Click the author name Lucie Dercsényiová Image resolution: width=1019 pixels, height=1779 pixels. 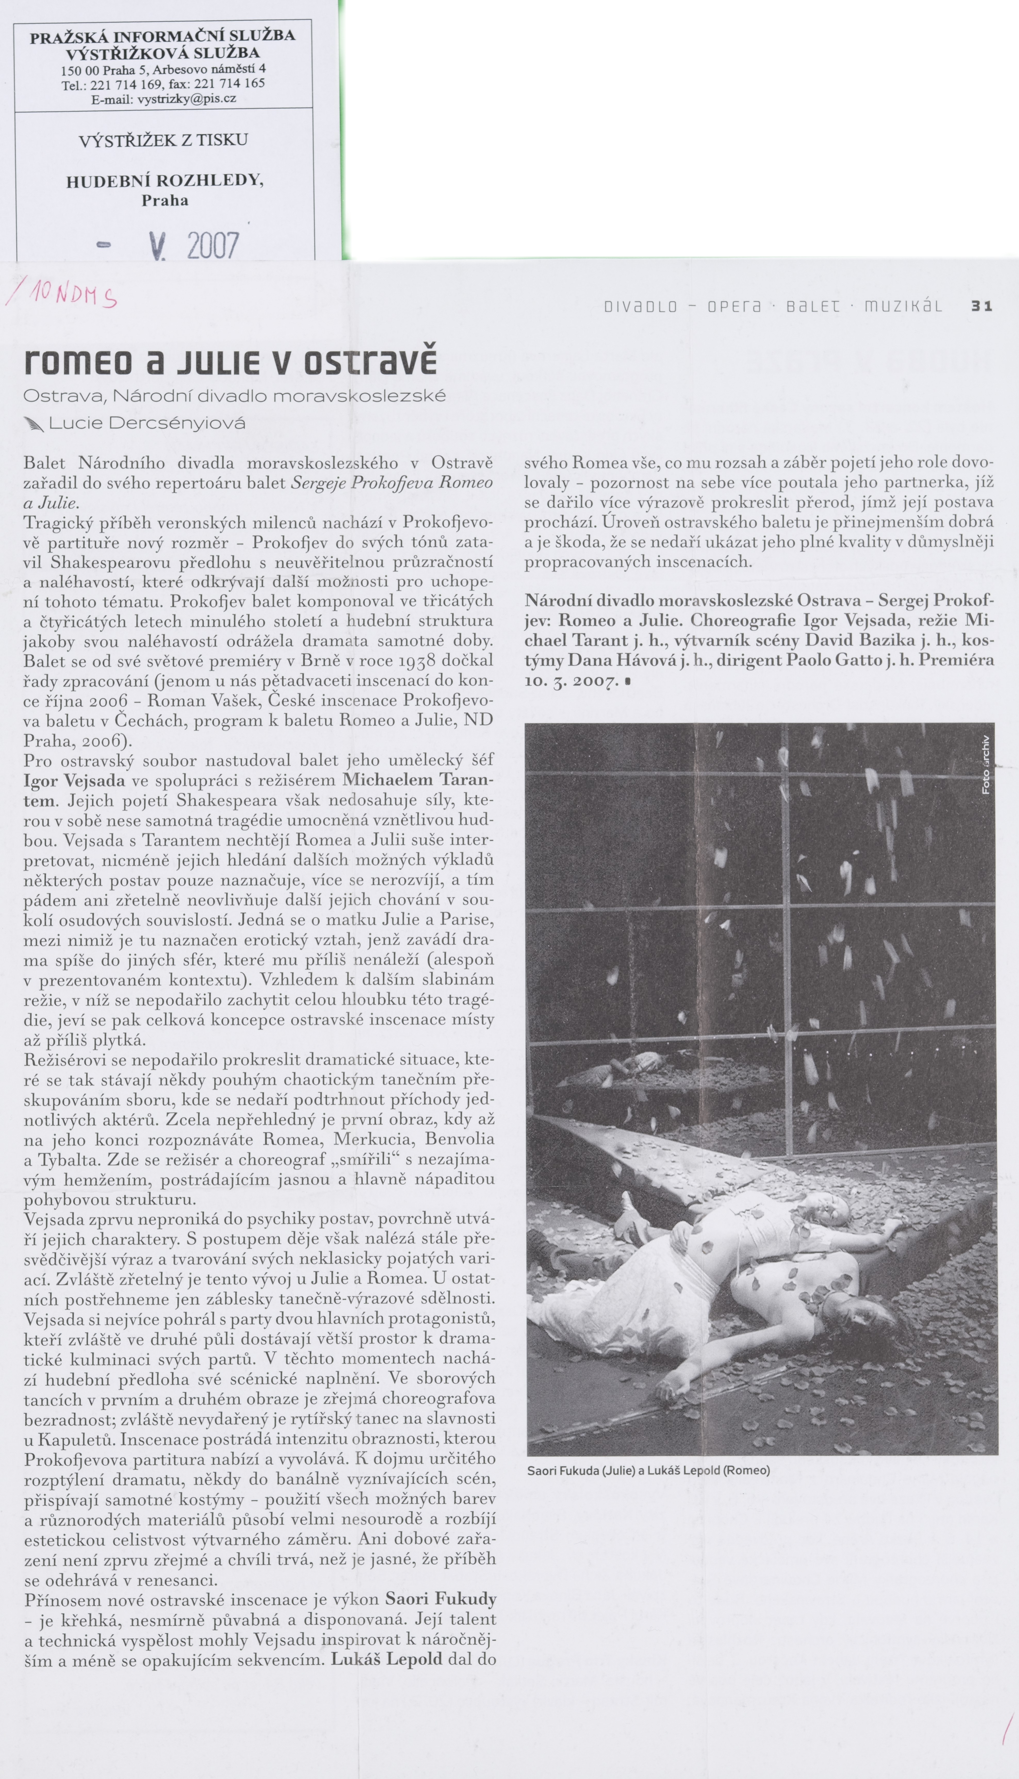click(x=147, y=423)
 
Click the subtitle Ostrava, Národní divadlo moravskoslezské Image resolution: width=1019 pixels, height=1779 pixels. click(x=234, y=396)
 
